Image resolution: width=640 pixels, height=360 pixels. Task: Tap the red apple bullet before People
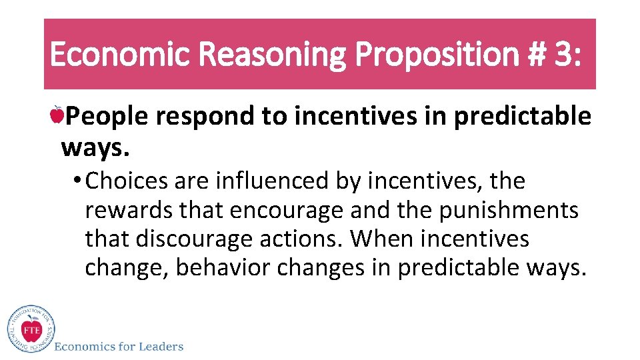(x=57, y=116)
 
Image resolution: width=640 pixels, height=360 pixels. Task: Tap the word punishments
(x=509, y=210)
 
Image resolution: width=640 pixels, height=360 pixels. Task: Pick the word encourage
(x=287, y=211)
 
